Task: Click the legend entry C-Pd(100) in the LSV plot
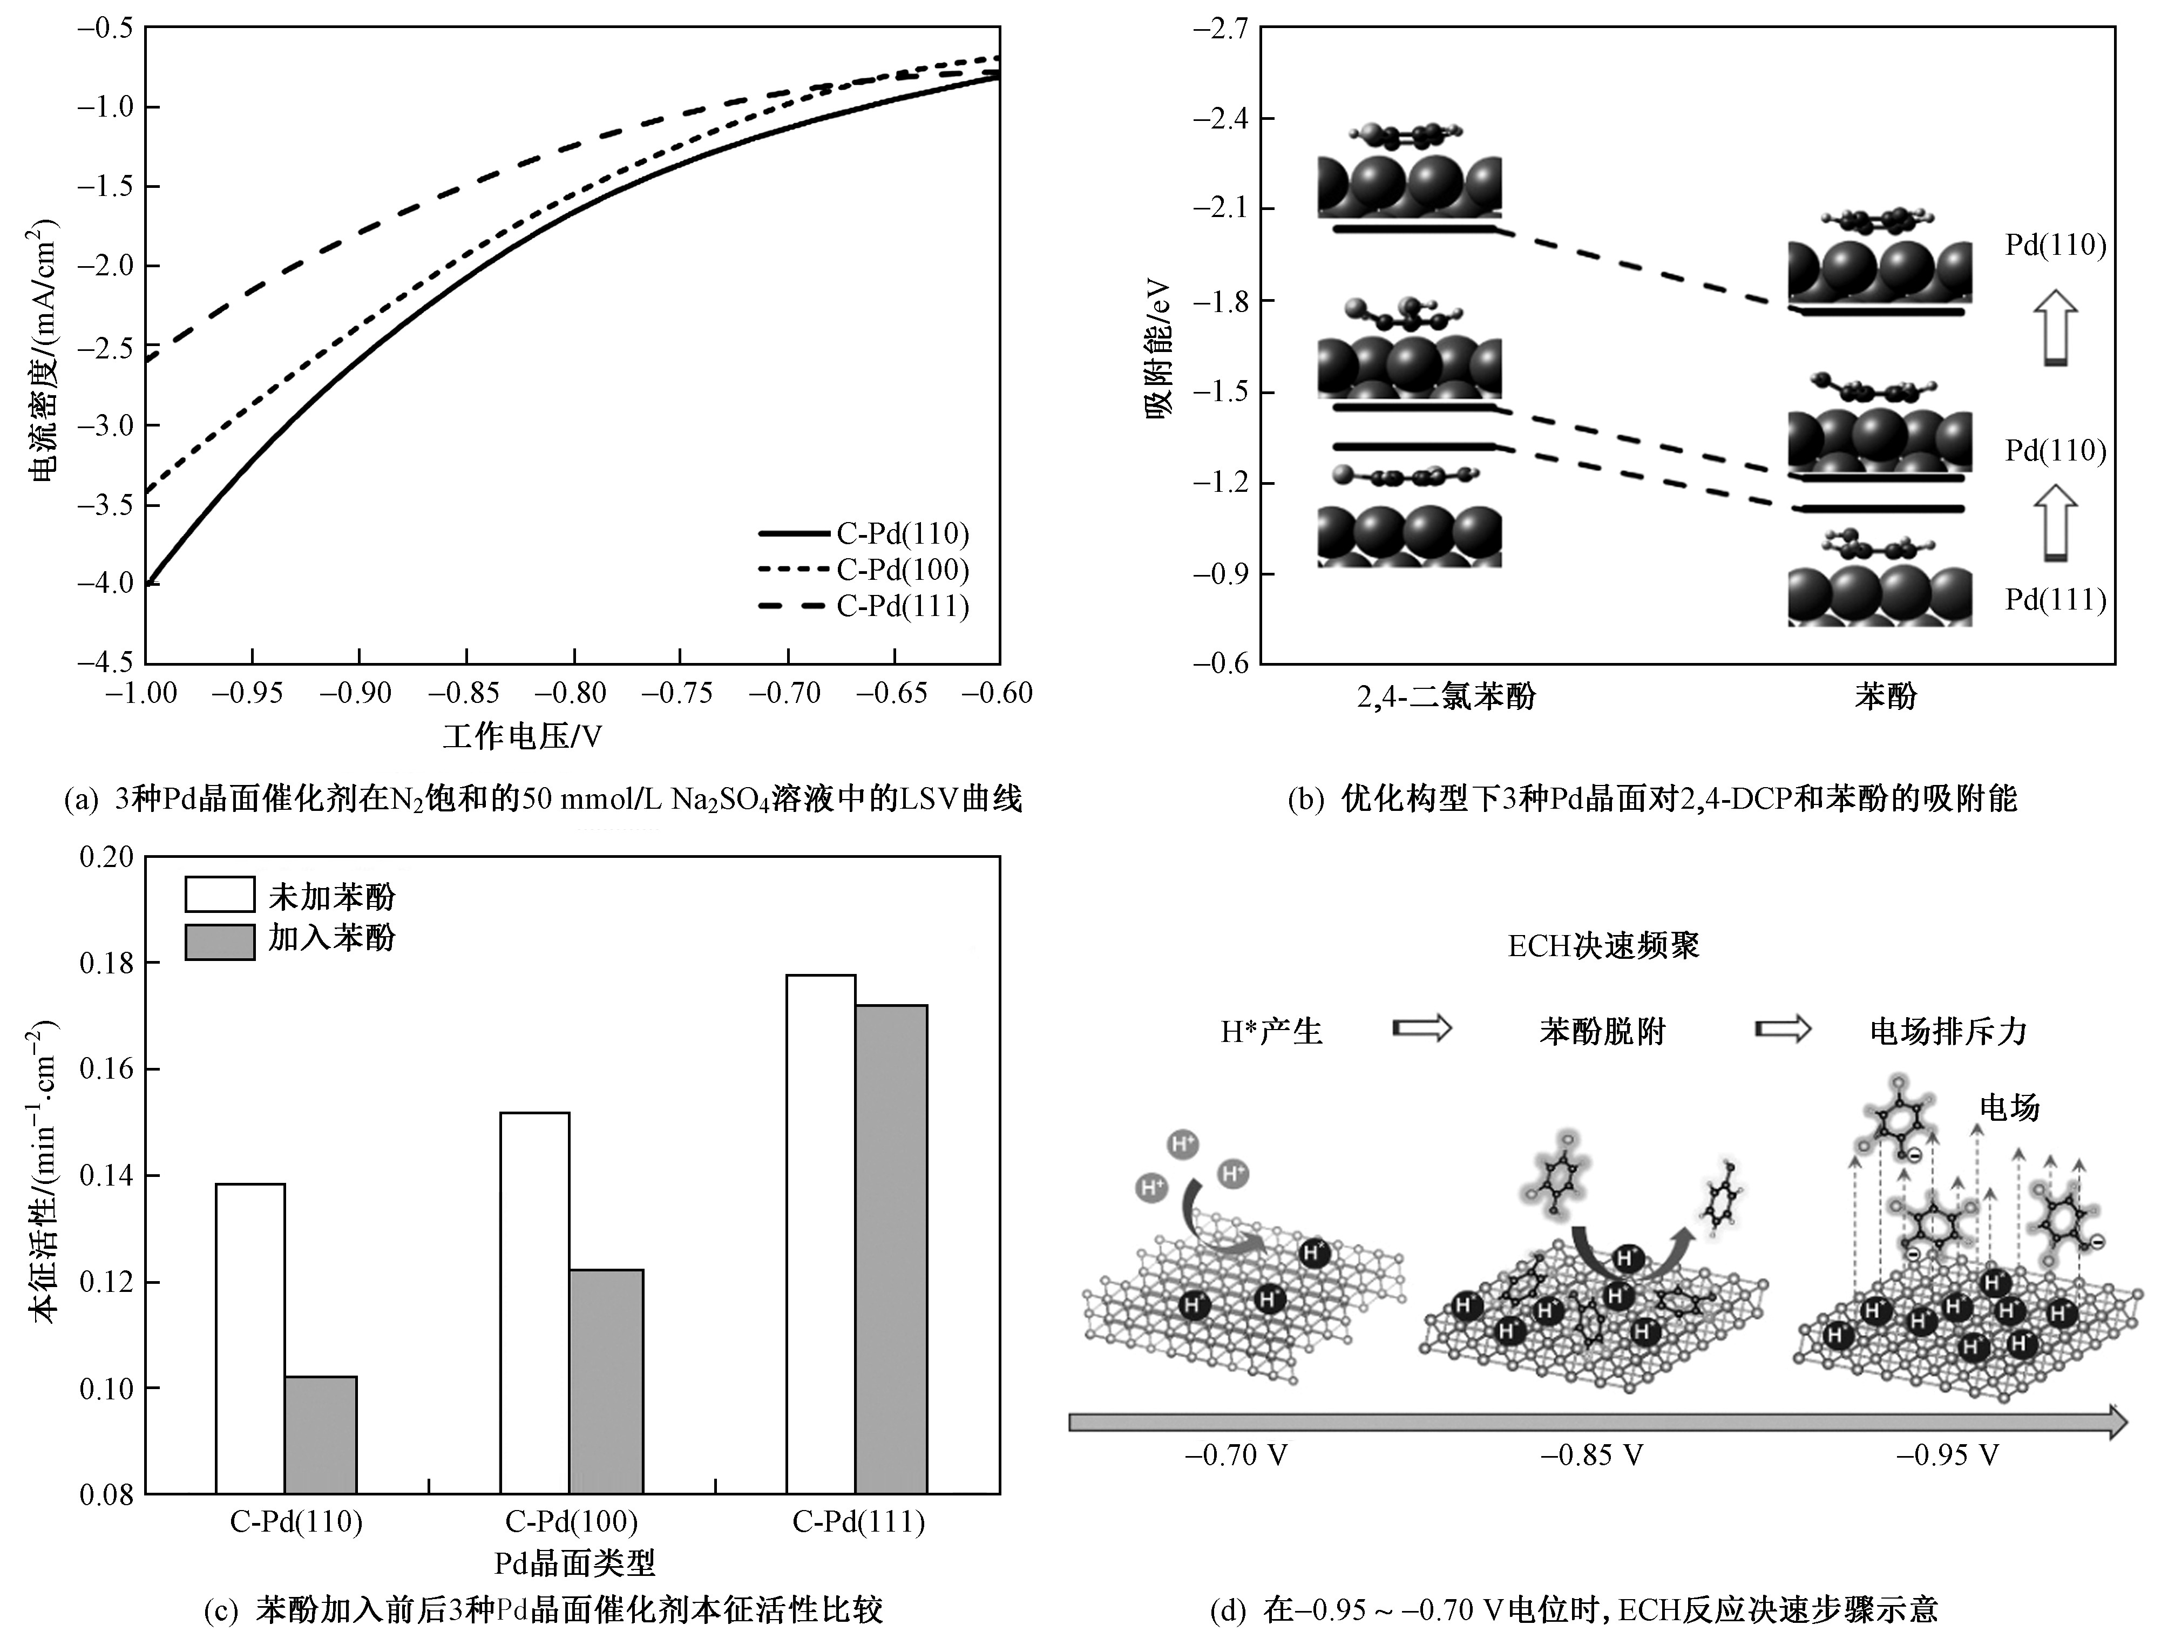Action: [902, 570]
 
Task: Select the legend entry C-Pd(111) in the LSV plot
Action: [902, 606]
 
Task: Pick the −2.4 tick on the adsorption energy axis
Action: [1220, 119]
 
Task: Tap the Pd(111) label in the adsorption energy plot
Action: [2055, 599]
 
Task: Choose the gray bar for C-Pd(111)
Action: [891, 1249]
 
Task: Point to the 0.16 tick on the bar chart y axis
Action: [106, 1068]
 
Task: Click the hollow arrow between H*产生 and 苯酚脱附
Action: [1422, 1028]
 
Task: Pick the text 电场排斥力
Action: [1948, 1030]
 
